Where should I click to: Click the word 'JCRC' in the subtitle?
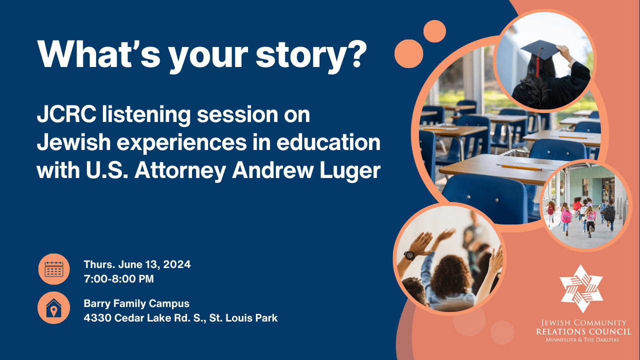(x=66, y=114)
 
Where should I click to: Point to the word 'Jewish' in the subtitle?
(x=73, y=142)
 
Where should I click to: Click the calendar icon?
(x=54, y=269)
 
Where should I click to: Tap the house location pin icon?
(x=53, y=308)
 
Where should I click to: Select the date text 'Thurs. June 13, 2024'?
(x=137, y=264)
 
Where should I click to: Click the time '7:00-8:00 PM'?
(x=119, y=279)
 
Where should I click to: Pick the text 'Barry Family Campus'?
(x=136, y=303)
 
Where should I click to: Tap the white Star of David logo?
(x=581, y=288)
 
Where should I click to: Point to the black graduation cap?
(x=540, y=50)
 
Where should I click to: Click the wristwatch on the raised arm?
(x=409, y=255)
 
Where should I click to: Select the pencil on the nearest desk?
(x=519, y=167)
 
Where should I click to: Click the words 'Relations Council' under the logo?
(x=583, y=331)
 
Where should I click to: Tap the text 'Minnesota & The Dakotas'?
(x=582, y=340)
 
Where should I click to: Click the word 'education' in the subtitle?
(x=328, y=142)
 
